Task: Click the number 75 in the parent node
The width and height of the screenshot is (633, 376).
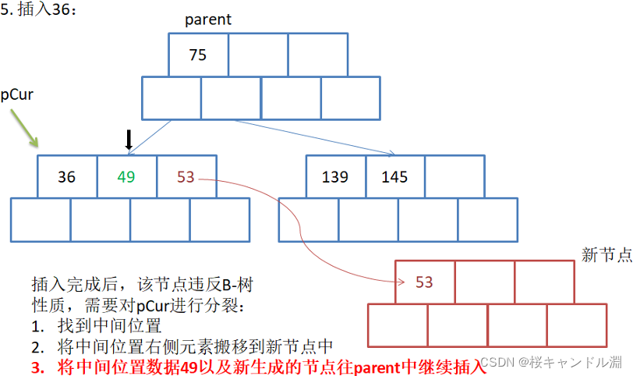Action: pos(198,55)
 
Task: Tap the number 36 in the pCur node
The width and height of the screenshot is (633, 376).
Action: pos(67,177)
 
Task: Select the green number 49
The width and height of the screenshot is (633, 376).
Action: pos(126,177)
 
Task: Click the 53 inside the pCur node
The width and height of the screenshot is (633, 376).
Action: pos(186,177)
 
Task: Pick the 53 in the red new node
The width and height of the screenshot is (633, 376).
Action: pos(424,282)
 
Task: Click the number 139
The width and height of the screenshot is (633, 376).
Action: pos(335,177)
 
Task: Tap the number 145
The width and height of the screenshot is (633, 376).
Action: pos(394,177)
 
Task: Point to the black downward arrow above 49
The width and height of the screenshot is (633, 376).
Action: pos(129,140)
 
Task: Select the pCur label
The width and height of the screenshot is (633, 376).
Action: pos(16,94)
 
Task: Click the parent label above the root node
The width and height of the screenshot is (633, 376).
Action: pos(208,20)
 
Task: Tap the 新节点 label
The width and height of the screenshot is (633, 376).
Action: pos(606,255)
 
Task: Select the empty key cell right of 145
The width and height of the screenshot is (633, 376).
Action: pos(454,177)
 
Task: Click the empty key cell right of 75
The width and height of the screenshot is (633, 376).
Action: pos(258,55)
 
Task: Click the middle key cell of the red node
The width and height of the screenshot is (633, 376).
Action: pos(484,282)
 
